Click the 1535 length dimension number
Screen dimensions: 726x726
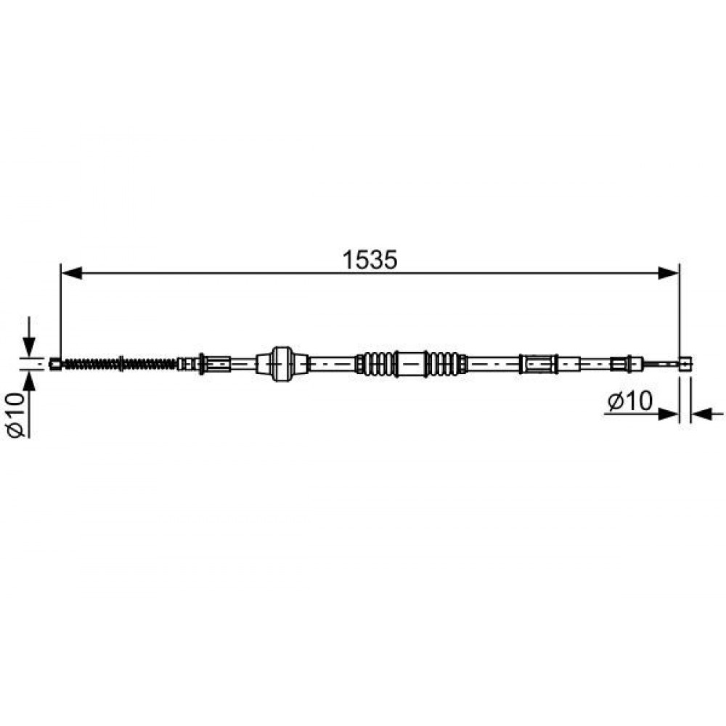click(x=370, y=260)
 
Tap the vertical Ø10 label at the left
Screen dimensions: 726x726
click(x=16, y=415)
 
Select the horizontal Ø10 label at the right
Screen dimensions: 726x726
click(x=630, y=401)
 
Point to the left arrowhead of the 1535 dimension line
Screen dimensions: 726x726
click(x=72, y=273)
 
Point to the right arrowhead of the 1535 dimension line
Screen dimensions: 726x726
click(x=669, y=273)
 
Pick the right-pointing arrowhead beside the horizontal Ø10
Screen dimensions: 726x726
click(x=669, y=414)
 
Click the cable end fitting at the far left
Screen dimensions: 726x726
click(x=55, y=364)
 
